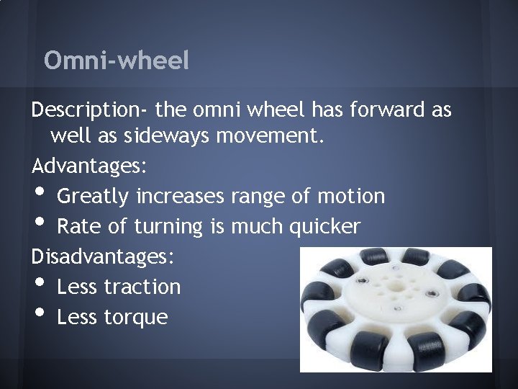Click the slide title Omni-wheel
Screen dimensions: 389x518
117,61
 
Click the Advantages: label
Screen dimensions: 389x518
90,166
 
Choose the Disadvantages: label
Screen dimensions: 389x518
104,256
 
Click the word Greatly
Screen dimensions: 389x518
93,196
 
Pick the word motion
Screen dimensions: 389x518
351,196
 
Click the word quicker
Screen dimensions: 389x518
324,227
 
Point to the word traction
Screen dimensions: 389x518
142,287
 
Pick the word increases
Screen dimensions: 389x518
181,196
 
